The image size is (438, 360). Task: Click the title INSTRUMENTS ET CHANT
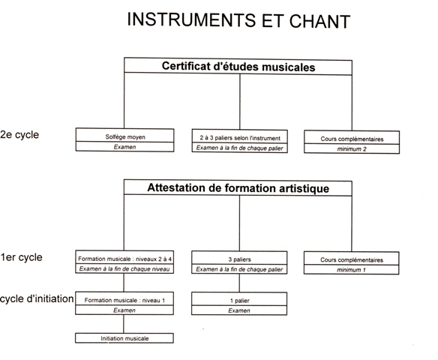[238, 20]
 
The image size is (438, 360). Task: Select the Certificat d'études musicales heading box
[238, 67]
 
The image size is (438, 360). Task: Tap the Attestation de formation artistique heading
[238, 187]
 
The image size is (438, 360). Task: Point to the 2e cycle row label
[19, 135]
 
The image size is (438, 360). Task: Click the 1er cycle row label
[21, 257]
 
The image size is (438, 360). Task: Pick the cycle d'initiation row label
[37, 298]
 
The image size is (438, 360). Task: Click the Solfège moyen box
[124, 136]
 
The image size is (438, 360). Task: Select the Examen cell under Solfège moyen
[124, 147]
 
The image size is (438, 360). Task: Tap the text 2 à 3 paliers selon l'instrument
[240, 138]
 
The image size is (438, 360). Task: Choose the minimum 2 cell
[352, 148]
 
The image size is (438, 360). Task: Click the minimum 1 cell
[352, 270]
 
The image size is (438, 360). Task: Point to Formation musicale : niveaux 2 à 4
[124, 259]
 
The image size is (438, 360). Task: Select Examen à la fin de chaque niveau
[124, 268]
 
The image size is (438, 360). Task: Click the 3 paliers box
[239, 258]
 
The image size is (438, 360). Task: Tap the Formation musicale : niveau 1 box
[124, 298]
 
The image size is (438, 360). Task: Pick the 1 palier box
[239, 299]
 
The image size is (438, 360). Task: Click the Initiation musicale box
[124, 338]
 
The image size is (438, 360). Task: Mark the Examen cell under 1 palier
[239, 310]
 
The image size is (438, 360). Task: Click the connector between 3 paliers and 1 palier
[239, 283]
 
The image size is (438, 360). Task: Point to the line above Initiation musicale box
[124, 324]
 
